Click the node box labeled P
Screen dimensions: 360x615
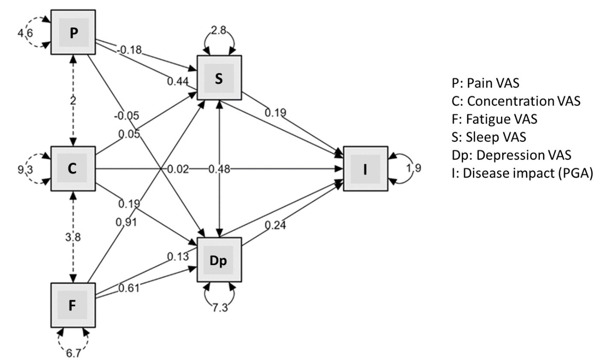73,33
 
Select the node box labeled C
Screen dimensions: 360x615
73,169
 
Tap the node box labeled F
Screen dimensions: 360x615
73,305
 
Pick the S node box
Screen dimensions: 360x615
219,78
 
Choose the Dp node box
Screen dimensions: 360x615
219,260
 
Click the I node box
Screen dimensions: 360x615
365,169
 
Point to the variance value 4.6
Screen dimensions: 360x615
24,33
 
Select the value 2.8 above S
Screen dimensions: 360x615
220,31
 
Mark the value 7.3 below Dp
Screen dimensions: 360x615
220,308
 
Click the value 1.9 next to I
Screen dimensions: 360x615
414,168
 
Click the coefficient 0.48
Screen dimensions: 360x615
219,169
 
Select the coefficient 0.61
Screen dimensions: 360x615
129,288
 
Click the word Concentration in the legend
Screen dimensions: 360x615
510,101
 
